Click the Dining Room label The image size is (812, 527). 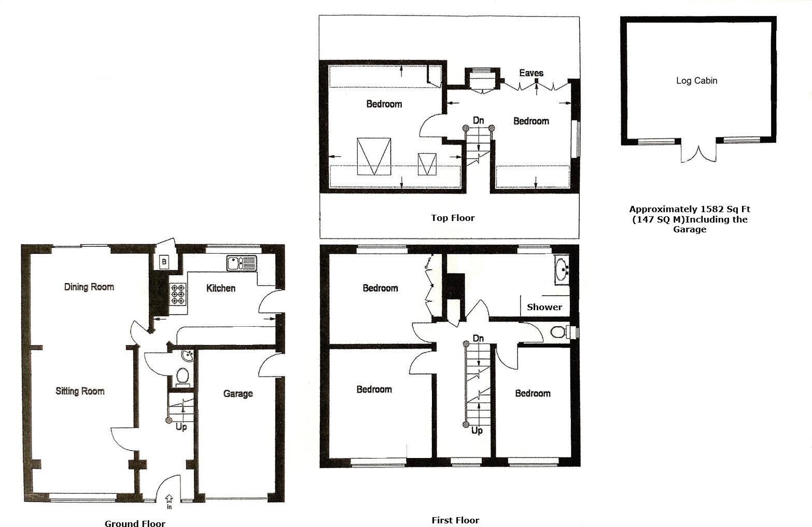click(89, 287)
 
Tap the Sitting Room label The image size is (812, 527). click(80, 391)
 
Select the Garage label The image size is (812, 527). click(238, 394)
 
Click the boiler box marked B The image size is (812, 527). click(164, 262)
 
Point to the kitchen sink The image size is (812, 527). click(242, 263)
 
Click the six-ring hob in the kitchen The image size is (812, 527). click(178, 294)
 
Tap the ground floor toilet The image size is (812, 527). click(183, 377)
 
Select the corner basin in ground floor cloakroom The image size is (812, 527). click(187, 356)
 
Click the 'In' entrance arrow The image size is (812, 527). click(169, 500)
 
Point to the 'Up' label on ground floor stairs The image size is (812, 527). click(181, 427)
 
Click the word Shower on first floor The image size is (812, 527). click(544, 307)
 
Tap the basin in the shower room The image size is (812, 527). click(562, 269)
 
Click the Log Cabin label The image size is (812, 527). click(696, 80)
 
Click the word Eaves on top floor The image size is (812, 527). click(531, 73)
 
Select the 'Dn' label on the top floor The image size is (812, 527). click(478, 120)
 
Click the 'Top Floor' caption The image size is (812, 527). click(452, 218)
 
